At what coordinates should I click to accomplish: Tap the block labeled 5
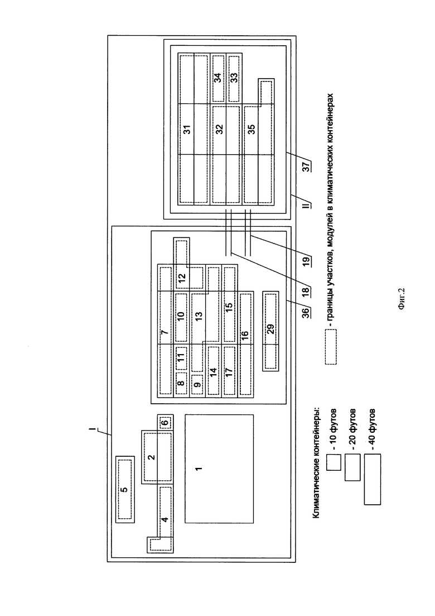(125, 489)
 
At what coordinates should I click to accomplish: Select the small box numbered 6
(165, 423)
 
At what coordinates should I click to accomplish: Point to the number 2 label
(152, 457)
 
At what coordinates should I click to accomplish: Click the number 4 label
(165, 519)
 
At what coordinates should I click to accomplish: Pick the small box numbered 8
(181, 384)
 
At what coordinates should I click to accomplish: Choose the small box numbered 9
(197, 384)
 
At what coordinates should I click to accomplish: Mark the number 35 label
(253, 129)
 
